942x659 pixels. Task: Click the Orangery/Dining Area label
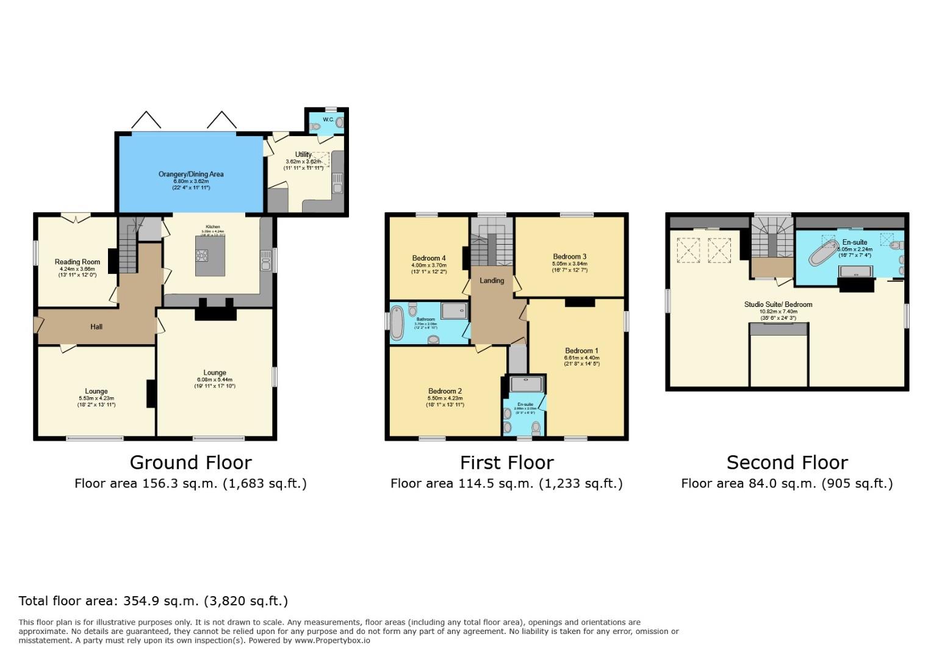coord(191,174)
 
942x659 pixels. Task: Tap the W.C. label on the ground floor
coord(328,120)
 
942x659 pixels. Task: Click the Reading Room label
coord(77,262)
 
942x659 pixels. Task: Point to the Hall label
coord(96,326)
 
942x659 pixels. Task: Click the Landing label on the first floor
coord(492,281)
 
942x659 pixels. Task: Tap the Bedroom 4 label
coord(429,258)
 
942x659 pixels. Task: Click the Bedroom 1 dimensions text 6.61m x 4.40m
coord(582,358)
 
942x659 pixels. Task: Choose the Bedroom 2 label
coord(445,391)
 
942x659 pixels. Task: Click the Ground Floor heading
coord(190,463)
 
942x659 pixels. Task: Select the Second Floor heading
coord(786,463)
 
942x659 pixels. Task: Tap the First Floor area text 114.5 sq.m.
coord(506,484)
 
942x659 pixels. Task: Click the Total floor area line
coord(153,601)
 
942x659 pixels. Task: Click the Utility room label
coord(303,154)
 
